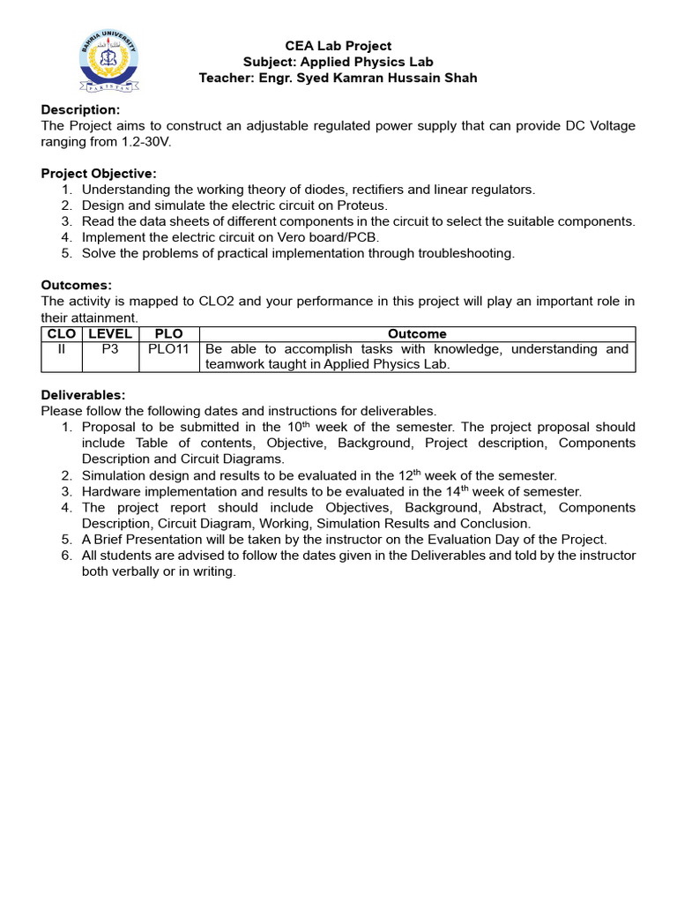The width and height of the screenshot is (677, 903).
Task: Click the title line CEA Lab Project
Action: pyautogui.click(x=338, y=46)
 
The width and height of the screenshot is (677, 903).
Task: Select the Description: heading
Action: pyautogui.click(x=80, y=109)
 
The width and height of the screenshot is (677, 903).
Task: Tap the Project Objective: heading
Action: pyautogui.click(x=99, y=174)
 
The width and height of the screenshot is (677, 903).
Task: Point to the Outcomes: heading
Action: pyautogui.click(x=77, y=286)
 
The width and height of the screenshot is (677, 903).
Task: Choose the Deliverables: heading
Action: pyautogui.click(x=84, y=395)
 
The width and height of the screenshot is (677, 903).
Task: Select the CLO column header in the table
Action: pyautogui.click(x=61, y=334)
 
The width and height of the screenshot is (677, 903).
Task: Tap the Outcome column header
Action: pyautogui.click(x=417, y=334)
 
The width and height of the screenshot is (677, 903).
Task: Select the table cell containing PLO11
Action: pyautogui.click(x=169, y=349)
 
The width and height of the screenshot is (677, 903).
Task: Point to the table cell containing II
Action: pyautogui.click(x=61, y=349)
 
